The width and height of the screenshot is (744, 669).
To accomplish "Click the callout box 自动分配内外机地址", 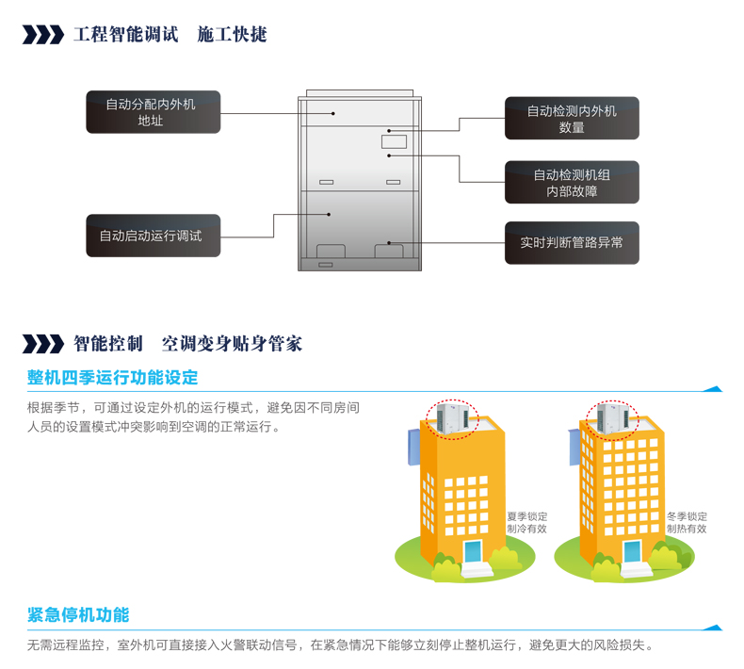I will pos(153,112).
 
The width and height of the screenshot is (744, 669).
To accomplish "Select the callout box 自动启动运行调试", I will pos(153,236).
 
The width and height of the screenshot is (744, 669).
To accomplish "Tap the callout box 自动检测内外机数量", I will pos(572,119).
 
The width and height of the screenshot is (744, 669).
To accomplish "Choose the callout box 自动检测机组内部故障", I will pos(572,183).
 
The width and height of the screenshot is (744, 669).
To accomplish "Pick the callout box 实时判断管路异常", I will pos(572,242).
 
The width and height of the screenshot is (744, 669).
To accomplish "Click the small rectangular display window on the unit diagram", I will pos(394,142).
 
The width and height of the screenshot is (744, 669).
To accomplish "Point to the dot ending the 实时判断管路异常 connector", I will pos(388,242).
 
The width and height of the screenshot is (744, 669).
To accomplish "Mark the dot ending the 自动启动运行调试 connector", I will pos(329,215).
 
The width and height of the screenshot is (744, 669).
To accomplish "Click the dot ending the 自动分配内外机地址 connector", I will pos(332,114).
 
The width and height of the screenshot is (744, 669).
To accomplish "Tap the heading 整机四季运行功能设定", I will pos(113,378).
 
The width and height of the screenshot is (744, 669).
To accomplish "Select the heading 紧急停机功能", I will pos(78,615).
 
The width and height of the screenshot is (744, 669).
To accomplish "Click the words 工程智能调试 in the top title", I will pos(125,35).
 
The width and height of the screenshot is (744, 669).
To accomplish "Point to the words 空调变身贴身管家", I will pos(232,343).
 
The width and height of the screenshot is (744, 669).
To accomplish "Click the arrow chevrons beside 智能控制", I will pos(42,343).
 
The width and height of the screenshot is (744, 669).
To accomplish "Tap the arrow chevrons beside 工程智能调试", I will pos(42,35).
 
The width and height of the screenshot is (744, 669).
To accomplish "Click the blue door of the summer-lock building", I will pos(472,552).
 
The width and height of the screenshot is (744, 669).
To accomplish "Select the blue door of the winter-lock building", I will pos(631,552).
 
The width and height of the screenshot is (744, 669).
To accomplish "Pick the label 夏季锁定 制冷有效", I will pos(526,522).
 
